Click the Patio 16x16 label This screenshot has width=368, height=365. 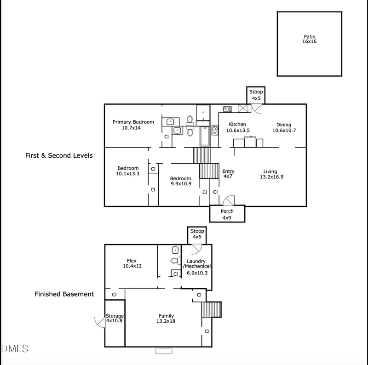tap(310, 39)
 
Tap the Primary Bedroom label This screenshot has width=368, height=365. tap(133, 125)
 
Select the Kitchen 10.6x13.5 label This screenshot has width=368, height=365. tap(237, 127)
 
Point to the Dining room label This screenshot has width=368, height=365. tap(283, 127)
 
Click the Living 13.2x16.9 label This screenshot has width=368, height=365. tap(270, 174)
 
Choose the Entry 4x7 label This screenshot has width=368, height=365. tap(228, 174)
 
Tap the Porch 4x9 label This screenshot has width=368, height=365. tap(227, 214)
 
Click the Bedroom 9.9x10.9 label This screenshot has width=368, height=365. tap(180, 181)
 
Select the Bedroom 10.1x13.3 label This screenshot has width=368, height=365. tap(128, 171)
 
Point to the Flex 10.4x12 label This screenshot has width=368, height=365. tap(132, 263)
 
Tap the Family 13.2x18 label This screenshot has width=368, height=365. tap(166, 318)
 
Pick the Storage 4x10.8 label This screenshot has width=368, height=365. tap(115, 318)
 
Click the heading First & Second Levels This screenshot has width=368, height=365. tap(59, 155)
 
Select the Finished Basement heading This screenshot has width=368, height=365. tap(64, 294)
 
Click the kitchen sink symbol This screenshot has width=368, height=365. tap(227, 109)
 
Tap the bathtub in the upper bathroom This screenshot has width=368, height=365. tap(204, 136)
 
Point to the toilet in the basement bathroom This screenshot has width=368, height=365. tap(175, 261)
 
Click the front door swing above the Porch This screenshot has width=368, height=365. tap(228, 200)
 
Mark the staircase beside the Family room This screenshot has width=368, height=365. tap(212, 309)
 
